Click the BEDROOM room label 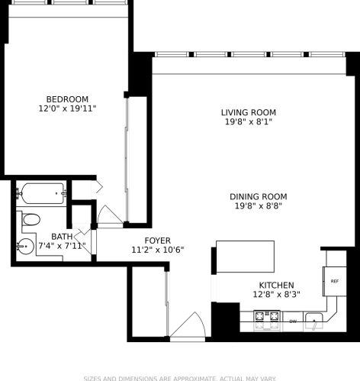click(67, 99)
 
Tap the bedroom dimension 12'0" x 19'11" click(67, 109)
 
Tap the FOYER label click(157, 240)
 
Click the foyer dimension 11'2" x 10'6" click(157, 250)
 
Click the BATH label click(62, 237)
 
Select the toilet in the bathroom click(31, 220)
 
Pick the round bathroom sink click(25, 246)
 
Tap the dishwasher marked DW click(292, 321)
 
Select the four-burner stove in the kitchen click(265, 316)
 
